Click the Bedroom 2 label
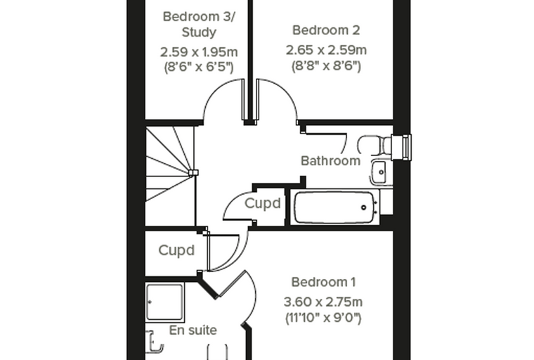click(x=326, y=30)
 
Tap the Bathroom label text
click(x=330, y=160)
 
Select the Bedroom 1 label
click(x=323, y=282)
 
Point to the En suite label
click(x=193, y=330)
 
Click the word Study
click(x=199, y=32)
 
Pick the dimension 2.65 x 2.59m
click(x=326, y=50)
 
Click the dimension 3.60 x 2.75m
click(x=323, y=302)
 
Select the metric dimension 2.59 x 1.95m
click(x=199, y=52)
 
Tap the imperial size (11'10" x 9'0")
click(x=323, y=318)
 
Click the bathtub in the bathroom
click(x=334, y=207)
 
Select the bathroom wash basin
click(x=381, y=172)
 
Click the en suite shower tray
click(x=165, y=302)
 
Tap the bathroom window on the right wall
click(x=402, y=147)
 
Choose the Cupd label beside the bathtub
click(x=263, y=203)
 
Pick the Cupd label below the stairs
click(x=176, y=250)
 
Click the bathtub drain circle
click(x=363, y=207)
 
